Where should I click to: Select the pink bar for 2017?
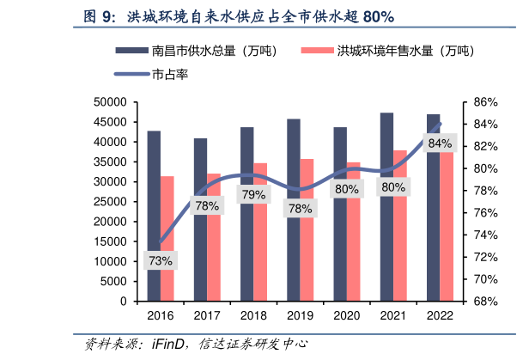click(x=214, y=249)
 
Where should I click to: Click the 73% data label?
click(x=161, y=260)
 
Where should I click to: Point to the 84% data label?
click(x=440, y=143)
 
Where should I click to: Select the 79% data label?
click(x=253, y=195)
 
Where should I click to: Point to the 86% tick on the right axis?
click(x=479, y=102)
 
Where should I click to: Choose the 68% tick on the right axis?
click(x=479, y=302)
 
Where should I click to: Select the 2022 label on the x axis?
click(x=440, y=316)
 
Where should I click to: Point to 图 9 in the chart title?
click(x=99, y=16)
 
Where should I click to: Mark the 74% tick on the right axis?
click(x=479, y=235)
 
